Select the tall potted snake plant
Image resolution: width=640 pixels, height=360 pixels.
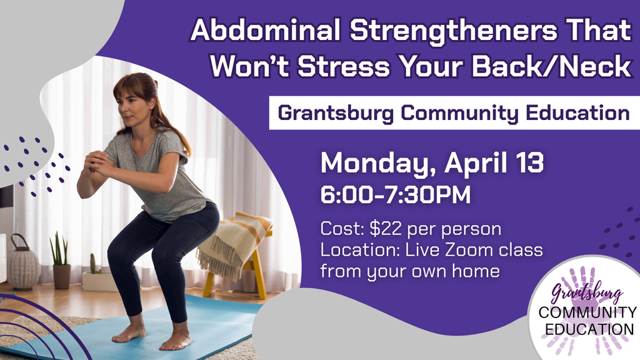click(61, 259)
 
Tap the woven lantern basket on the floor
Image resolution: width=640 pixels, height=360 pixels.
click(23, 264)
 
